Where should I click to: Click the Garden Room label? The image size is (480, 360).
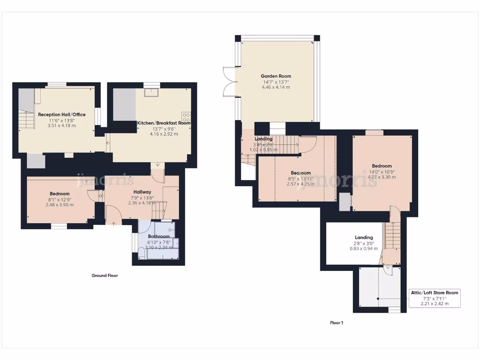276,76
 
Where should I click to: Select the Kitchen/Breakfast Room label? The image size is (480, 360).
164,123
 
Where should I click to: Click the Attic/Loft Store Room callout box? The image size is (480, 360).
435,298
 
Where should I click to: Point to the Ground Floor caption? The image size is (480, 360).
105,276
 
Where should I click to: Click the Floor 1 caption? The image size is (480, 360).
337,322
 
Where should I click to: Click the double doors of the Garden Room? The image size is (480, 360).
228,82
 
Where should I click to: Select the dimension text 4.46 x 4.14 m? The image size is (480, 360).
276,87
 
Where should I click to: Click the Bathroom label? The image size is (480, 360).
158,237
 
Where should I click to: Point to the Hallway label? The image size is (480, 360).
142,192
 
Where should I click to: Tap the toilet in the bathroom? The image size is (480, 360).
141,253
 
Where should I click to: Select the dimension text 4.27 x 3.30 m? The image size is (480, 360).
382,177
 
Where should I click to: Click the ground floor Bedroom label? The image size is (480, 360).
60,194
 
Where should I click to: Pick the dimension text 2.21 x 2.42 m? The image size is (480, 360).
435,304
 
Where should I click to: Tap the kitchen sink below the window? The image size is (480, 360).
151,92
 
